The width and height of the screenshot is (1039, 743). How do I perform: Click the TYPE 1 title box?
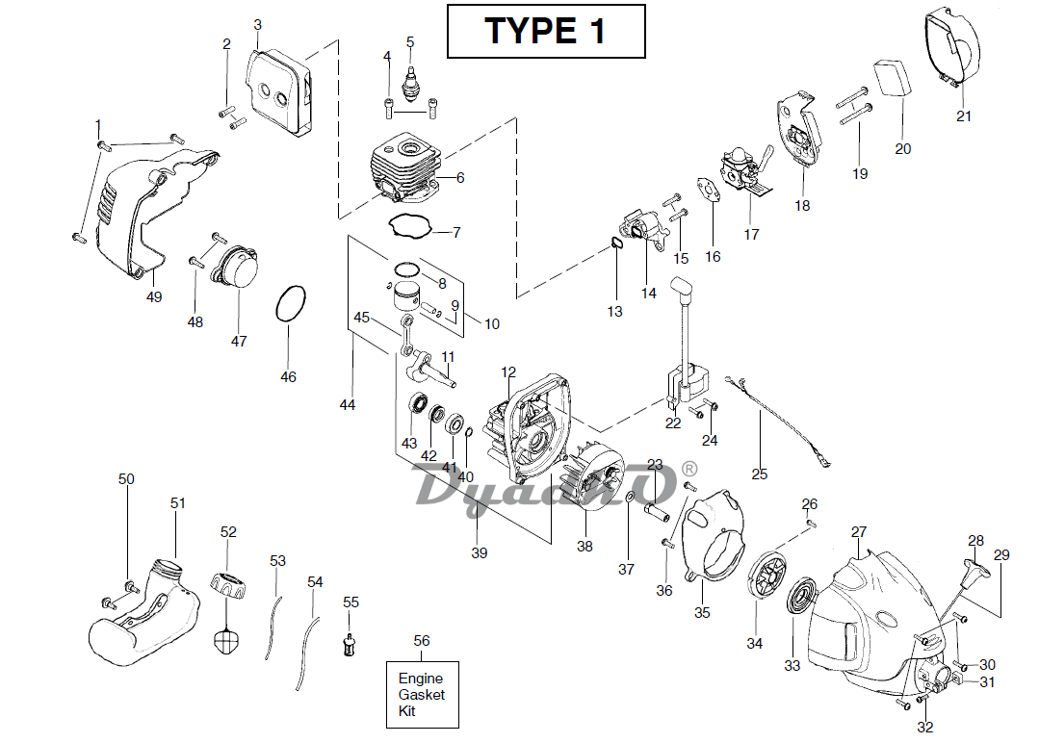tap(545, 31)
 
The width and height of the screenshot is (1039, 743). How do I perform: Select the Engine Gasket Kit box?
tap(422, 695)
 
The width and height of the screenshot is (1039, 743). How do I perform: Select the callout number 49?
tap(154, 296)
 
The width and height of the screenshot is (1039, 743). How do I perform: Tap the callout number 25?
tap(760, 474)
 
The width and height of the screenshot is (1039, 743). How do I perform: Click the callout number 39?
tap(480, 552)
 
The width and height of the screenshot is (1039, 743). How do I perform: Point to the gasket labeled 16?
tap(712, 192)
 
